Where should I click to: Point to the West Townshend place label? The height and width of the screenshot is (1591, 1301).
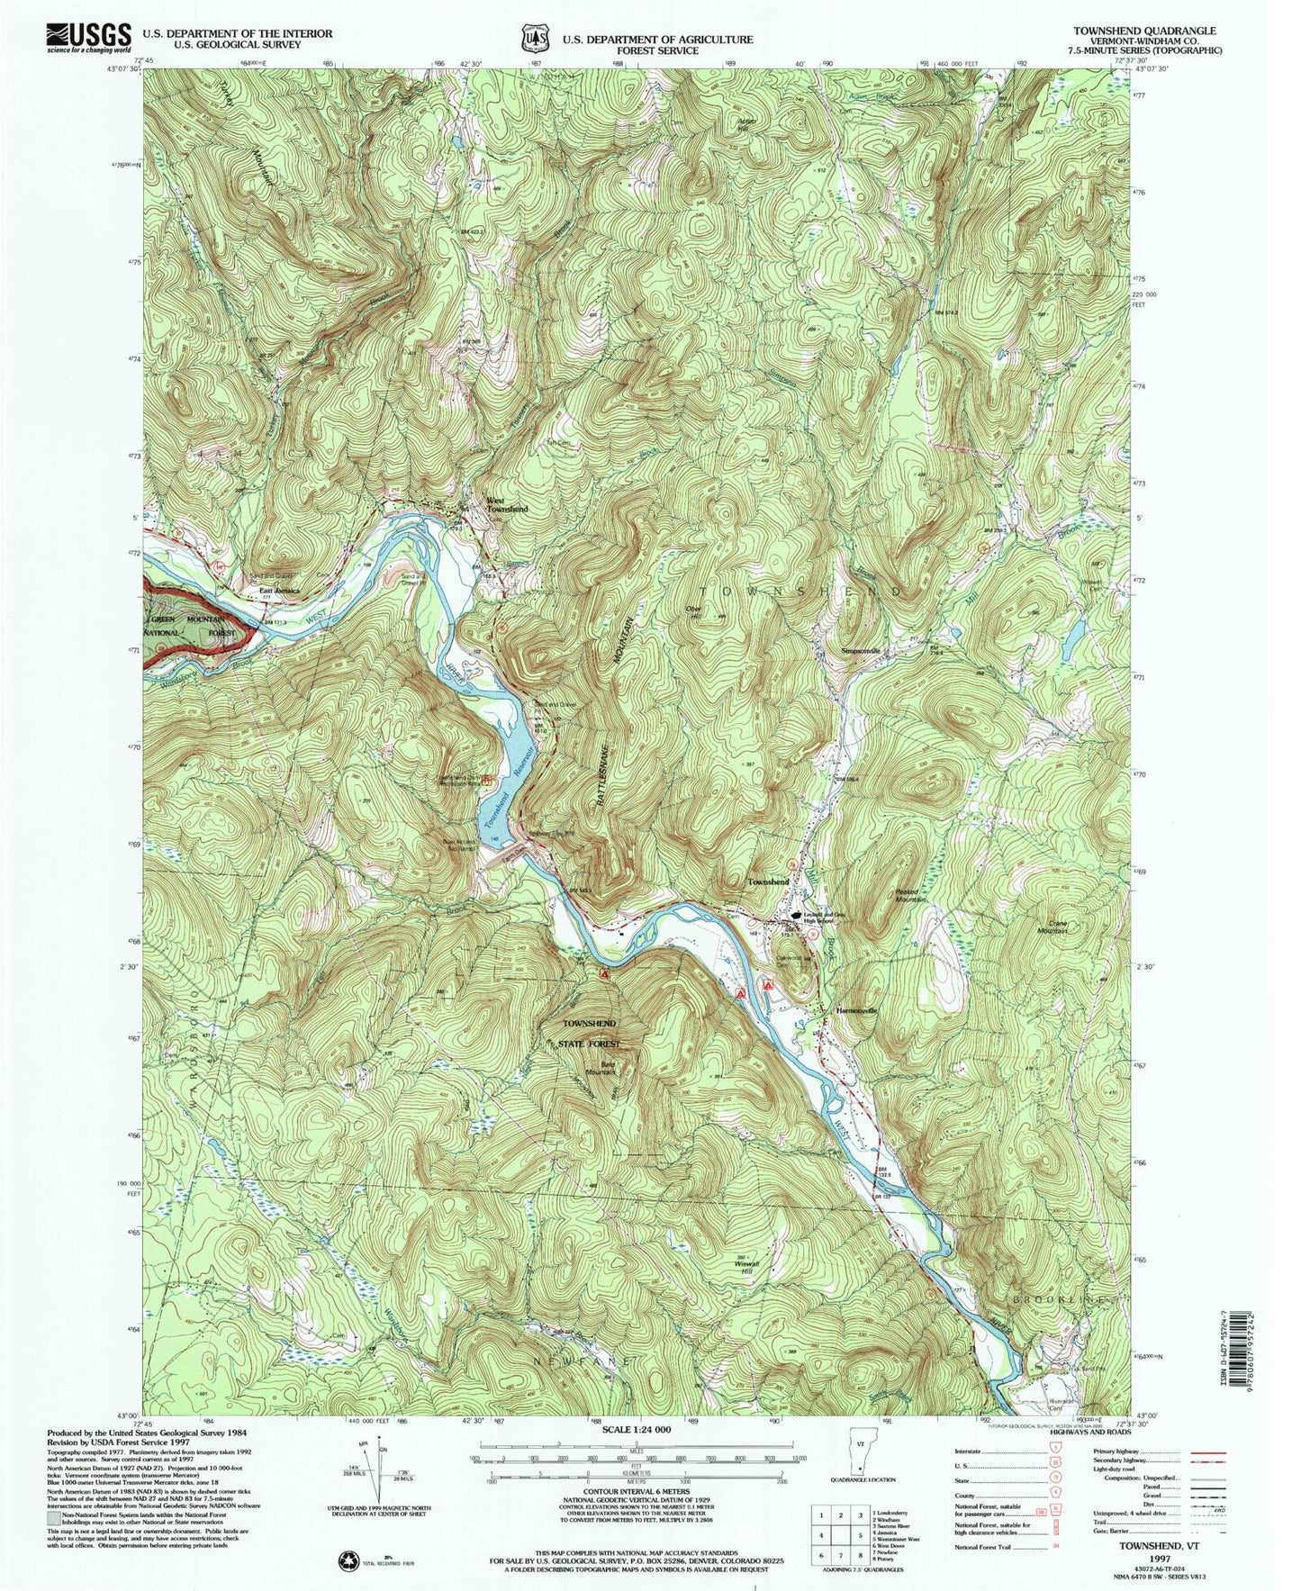coord(506,505)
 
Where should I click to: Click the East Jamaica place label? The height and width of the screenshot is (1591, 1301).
coord(278,592)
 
